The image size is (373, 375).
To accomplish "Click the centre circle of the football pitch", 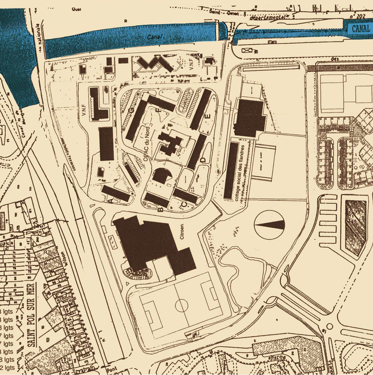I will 181,305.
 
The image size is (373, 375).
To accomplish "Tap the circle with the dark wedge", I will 270,225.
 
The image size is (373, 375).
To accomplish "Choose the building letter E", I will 208,116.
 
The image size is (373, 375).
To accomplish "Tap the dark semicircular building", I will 161,176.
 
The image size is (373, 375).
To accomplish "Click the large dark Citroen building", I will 146,241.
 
